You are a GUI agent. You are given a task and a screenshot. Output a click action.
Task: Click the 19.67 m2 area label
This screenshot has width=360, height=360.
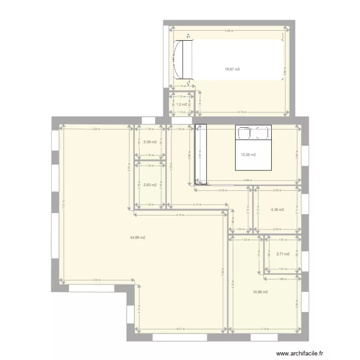pos(232,70)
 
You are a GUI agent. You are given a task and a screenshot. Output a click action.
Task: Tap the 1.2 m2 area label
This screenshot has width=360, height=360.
pos(181,104)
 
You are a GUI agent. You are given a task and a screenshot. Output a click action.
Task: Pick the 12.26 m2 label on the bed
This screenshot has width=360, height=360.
pos(248,155)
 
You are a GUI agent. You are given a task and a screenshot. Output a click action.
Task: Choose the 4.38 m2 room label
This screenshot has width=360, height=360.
pos(277,210)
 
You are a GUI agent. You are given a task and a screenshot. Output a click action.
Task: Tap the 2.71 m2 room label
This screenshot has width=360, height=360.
pos(283,254)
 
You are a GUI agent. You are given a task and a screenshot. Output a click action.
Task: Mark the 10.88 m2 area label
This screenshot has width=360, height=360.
pos(260,291)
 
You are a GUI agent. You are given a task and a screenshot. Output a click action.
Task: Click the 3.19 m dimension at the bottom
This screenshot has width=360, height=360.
pos(264,329)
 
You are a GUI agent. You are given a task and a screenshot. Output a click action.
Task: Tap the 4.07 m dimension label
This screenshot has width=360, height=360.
pos(181,329)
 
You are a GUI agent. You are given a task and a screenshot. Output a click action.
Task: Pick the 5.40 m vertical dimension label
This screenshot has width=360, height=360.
pos(223,271)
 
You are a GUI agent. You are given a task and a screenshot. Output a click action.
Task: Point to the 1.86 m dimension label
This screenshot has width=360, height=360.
pos(282,278)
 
